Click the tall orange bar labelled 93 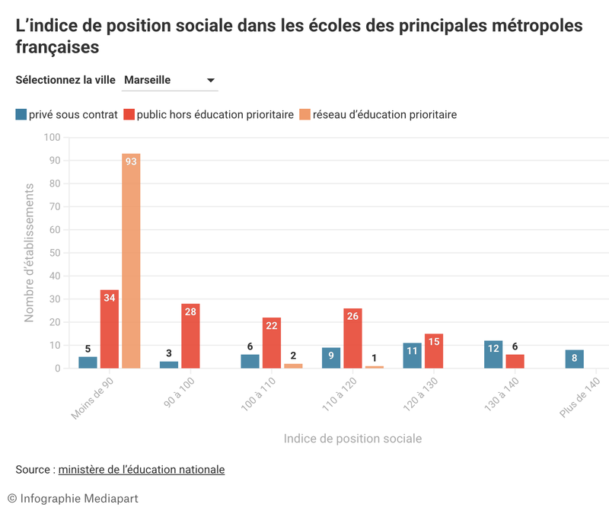tap(131, 260)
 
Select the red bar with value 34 tap(110, 329)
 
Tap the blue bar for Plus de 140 tap(575, 359)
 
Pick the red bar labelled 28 tap(190, 336)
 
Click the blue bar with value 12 tap(493, 354)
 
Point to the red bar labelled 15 tap(434, 351)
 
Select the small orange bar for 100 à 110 tap(293, 366)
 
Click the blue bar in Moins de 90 tap(88, 362)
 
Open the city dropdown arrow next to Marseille tap(211, 81)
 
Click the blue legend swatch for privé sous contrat tap(21, 115)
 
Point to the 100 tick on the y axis tap(52, 137)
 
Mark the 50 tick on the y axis tap(55, 253)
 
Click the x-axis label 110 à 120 tap(339, 394)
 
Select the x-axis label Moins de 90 tap(92, 398)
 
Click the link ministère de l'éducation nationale tap(142, 470)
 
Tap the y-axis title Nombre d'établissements tap(29, 253)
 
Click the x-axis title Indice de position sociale tap(352, 439)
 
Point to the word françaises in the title tap(58, 47)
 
